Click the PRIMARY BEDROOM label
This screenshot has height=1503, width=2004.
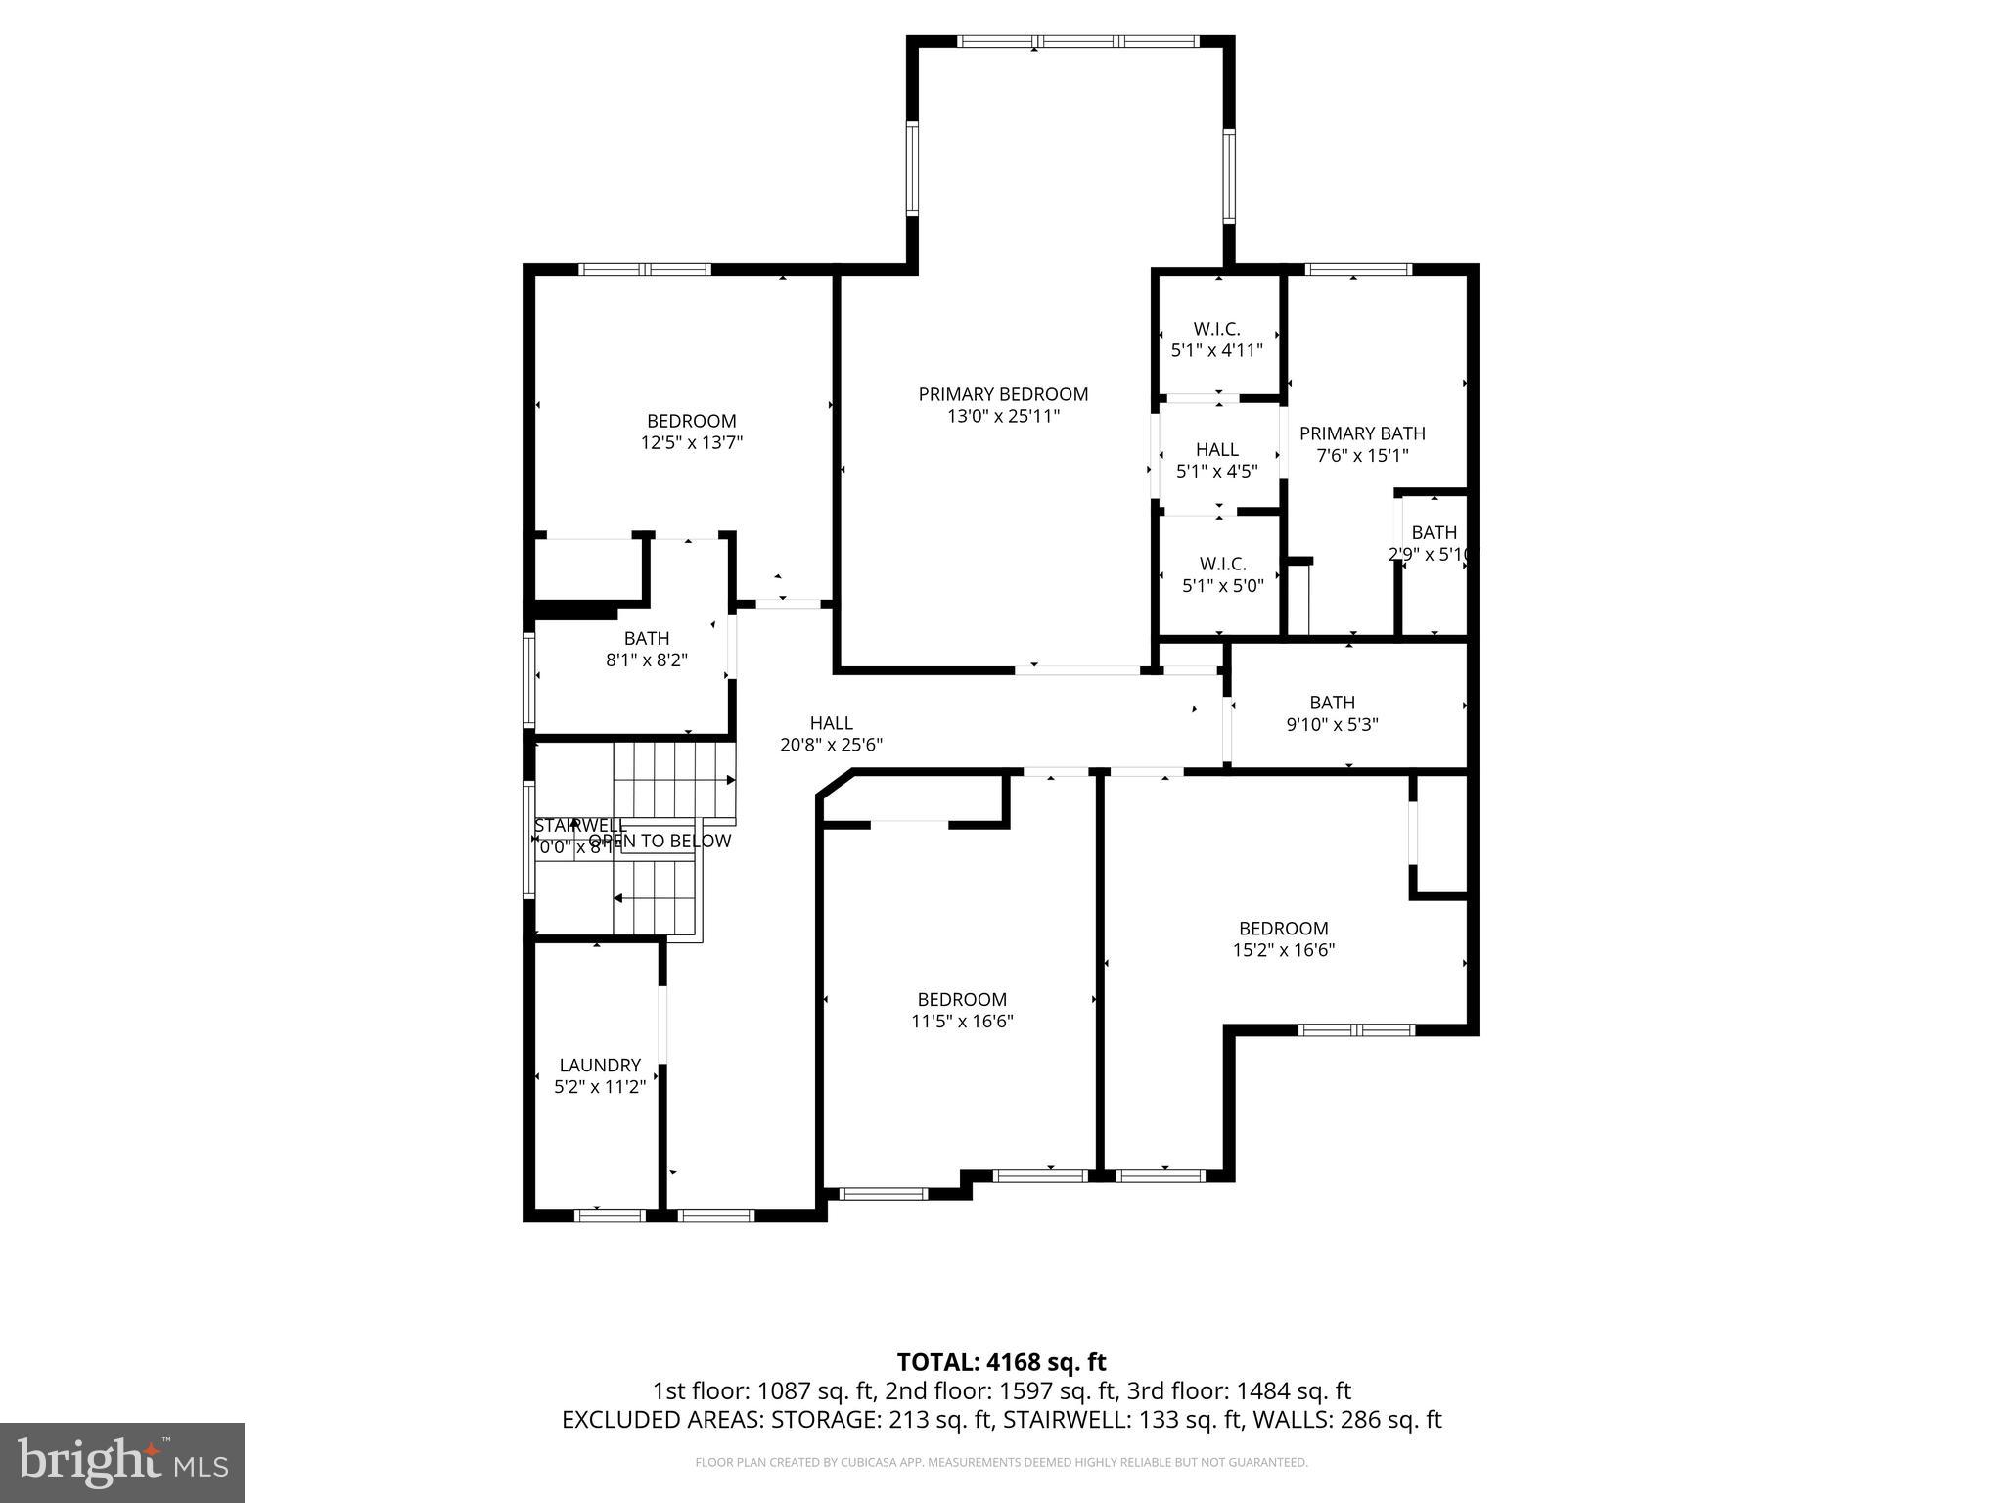[x=1003, y=394]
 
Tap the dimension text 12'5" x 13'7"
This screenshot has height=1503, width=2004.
[x=692, y=443]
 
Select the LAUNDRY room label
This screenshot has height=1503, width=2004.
[x=600, y=1065]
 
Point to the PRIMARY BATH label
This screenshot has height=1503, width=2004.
[x=1362, y=433]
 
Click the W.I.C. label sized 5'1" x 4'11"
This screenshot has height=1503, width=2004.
[x=1216, y=329]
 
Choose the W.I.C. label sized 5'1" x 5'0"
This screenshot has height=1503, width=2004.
[x=1223, y=565]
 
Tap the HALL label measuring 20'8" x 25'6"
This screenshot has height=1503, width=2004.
[x=831, y=723]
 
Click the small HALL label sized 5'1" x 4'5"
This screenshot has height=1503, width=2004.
[x=1216, y=449]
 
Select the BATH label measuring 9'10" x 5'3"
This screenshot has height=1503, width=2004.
[x=1332, y=703]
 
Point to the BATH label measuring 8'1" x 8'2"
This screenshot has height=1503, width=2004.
[x=647, y=639]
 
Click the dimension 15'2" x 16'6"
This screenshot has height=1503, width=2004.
[x=1284, y=950]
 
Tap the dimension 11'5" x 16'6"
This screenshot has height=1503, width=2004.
[x=962, y=1022]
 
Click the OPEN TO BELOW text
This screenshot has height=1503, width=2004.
[x=660, y=842]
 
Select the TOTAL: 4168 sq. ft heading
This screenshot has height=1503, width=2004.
[x=1001, y=1362]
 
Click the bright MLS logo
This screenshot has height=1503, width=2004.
[x=122, y=1462]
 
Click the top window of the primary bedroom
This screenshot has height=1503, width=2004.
[x=1077, y=42]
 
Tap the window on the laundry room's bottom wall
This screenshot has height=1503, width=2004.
[x=609, y=1216]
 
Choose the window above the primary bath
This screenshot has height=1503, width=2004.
[x=1357, y=270]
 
